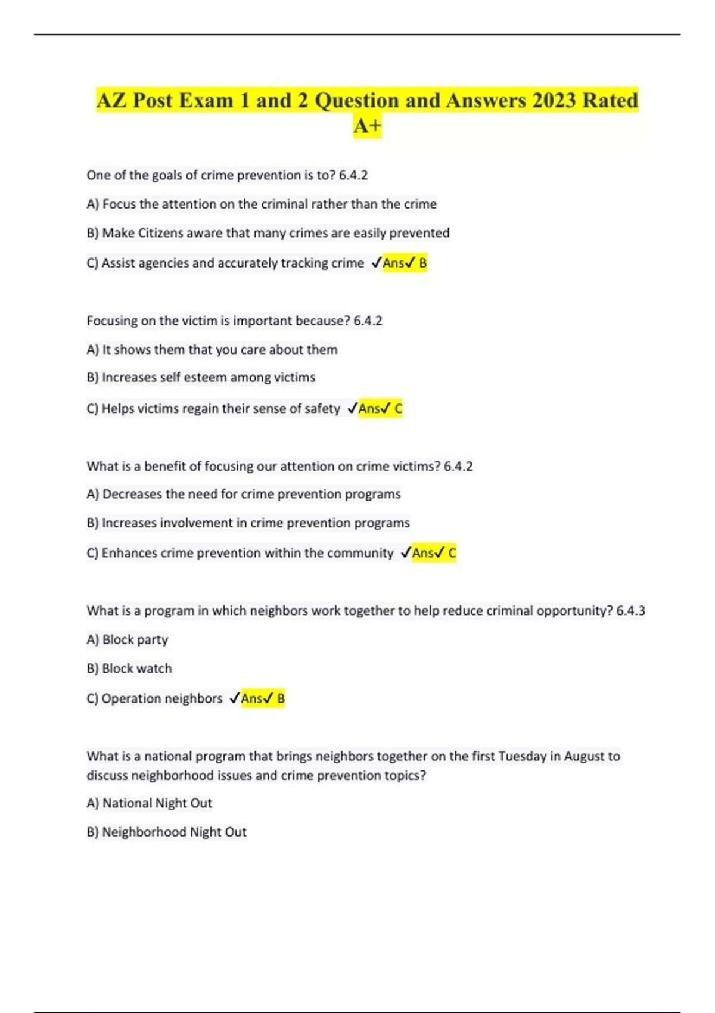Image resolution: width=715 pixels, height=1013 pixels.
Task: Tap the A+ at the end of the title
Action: (x=367, y=126)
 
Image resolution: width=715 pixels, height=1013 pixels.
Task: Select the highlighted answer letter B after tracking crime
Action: (x=423, y=263)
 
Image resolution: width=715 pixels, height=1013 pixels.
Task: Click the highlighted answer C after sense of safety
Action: (x=399, y=409)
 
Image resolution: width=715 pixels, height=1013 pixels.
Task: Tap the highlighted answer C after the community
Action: (x=452, y=553)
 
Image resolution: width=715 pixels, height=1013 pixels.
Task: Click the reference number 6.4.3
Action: (x=630, y=611)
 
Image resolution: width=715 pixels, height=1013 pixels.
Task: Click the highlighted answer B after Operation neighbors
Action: (x=281, y=698)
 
